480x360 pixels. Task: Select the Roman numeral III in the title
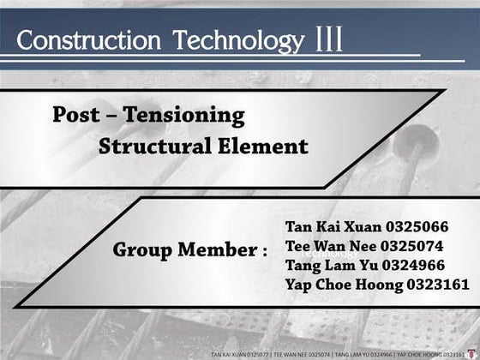pyautogui.click(x=329, y=39)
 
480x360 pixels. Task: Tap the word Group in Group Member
pyautogui.click(x=143, y=251)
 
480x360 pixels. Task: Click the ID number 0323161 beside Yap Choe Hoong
pyautogui.click(x=436, y=284)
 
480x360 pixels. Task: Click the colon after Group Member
pyautogui.click(x=263, y=253)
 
